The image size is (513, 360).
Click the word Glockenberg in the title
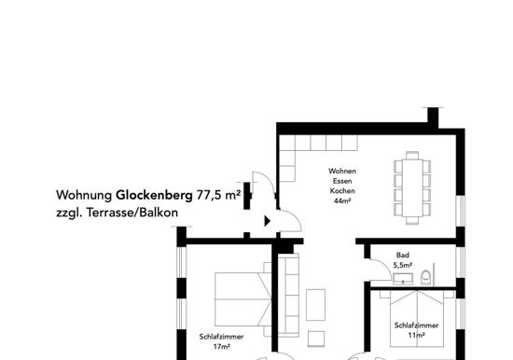pos(154,195)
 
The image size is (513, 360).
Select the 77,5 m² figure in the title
pos(218,195)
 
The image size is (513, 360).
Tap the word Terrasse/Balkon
pos(132,213)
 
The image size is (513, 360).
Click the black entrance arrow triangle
pos(268,221)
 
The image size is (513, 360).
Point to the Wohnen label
pos(342,171)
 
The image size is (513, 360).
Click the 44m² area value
pos(342,201)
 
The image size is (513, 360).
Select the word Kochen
pos(342,191)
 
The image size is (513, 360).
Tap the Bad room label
pos(402,255)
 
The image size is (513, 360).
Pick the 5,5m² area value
pos(402,265)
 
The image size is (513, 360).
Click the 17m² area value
pos(221,347)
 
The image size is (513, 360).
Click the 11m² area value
pos(417,336)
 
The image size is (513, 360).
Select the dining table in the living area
pos(412,187)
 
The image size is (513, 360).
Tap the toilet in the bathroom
pos(426,277)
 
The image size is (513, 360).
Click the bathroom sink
pos(403,279)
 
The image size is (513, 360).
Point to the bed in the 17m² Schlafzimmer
pos(243,299)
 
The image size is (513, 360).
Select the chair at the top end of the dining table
pos(412,155)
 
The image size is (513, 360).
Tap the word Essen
pos(342,181)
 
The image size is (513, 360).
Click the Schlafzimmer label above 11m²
pos(417,325)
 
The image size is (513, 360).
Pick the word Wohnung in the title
pos(84,195)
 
